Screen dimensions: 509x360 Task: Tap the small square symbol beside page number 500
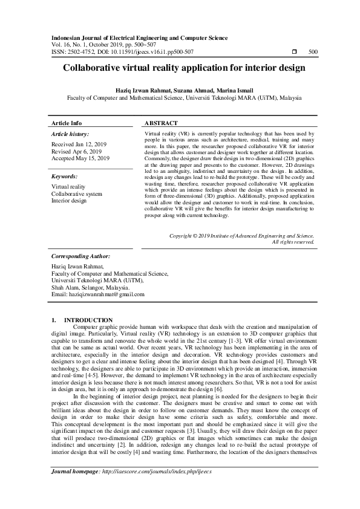coord(293,53)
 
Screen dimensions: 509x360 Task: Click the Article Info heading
coord(67,122)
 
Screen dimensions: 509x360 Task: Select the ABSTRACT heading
coord(162,122)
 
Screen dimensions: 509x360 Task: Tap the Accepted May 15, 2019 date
coord(80,158)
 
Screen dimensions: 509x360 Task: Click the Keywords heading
coord(66,177)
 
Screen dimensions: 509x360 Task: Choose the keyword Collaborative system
coord(77,194)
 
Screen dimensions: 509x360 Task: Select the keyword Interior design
coord(70,201)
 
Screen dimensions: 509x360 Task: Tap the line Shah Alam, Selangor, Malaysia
coord(87,288)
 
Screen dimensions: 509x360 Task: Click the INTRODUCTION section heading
coord(88,319)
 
